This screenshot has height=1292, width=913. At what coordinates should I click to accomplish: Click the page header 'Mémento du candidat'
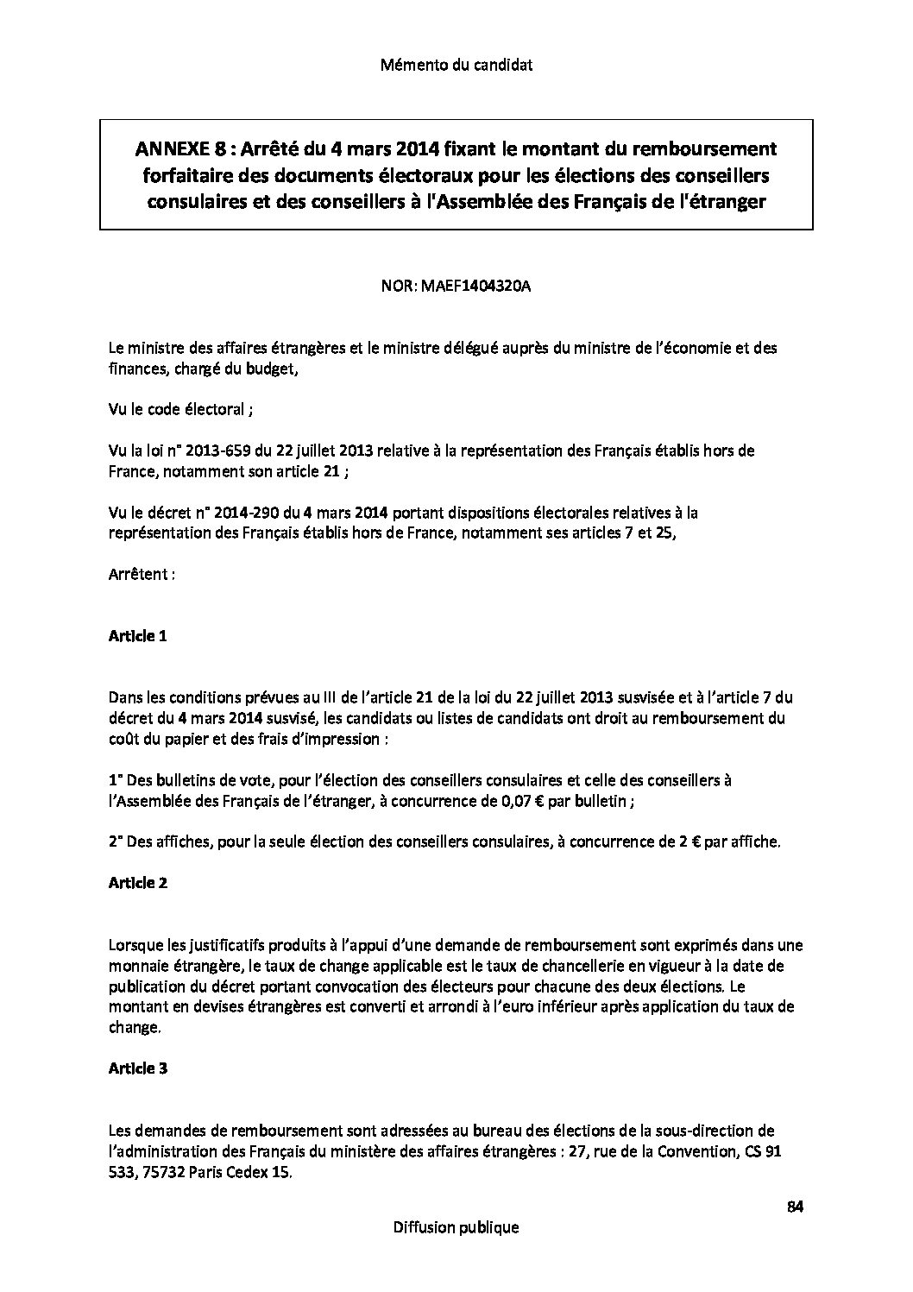pos(456,65)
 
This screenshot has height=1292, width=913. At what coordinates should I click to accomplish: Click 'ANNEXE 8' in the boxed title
pos(169,149)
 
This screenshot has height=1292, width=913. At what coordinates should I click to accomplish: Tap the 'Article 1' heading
pos(137,636)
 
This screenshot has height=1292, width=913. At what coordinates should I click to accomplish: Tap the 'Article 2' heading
pos(137,883)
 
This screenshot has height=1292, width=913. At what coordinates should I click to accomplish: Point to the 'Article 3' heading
pos(137,1068)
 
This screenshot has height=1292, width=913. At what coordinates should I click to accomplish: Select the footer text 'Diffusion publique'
pos(456,1226)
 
